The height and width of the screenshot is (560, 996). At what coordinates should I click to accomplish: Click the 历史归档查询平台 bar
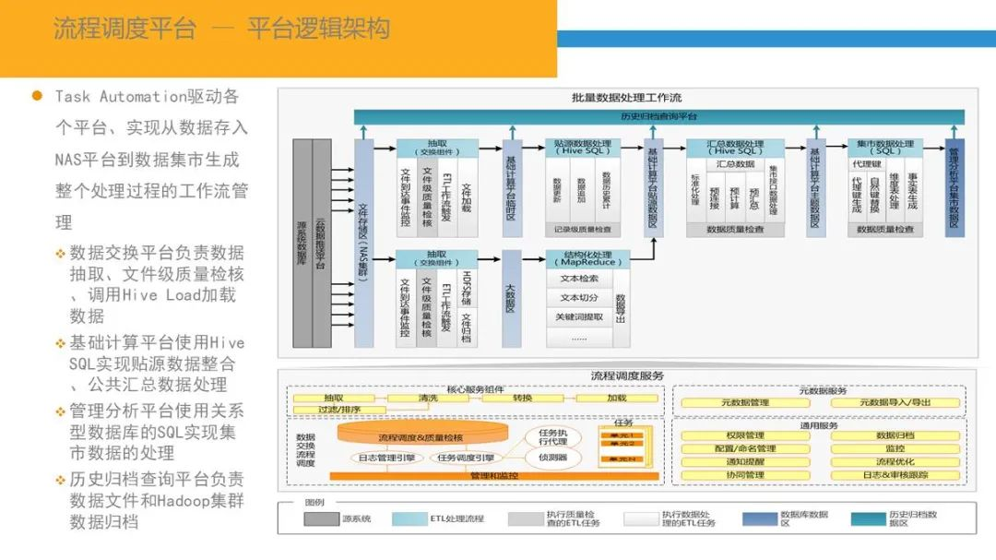point(658,117)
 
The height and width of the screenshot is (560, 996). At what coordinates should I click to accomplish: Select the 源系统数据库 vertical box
point(302,244)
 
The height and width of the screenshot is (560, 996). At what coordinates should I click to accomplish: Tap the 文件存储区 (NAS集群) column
point(363,244)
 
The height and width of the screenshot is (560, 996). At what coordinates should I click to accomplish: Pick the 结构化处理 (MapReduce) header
point(587,258)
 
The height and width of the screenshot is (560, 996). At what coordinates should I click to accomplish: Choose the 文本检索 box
point(578,279)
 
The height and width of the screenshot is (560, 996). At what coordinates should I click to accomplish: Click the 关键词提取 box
point(578,317)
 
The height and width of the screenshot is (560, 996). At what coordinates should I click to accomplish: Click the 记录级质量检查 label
point(587,230)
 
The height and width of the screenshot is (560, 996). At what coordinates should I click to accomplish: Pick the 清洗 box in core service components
point(428,399)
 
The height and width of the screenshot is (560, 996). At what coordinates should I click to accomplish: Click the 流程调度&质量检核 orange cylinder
point(420,436)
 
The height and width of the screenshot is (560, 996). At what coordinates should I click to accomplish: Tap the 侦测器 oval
point(552,458)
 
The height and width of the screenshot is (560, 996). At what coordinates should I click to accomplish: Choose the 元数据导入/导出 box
point(895,402)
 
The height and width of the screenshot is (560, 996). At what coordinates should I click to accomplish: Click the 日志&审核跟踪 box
point(895,475)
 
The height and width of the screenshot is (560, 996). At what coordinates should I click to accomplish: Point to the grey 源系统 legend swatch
point(322,519)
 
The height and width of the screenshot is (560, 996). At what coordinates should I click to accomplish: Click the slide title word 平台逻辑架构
point(318,29)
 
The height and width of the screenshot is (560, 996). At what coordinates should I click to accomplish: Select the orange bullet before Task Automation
point(38,96)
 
